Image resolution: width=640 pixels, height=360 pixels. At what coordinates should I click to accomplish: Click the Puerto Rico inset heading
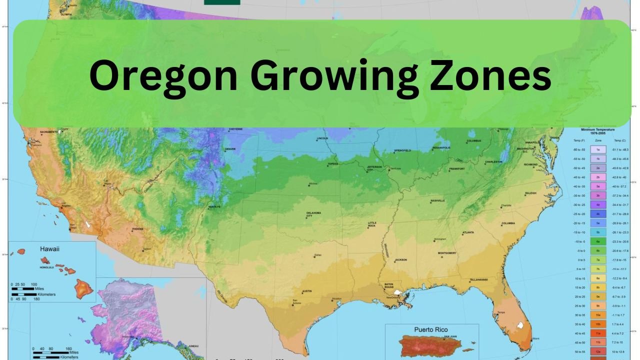(431, 329)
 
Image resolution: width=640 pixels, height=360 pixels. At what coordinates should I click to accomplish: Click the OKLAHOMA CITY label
(313, 214)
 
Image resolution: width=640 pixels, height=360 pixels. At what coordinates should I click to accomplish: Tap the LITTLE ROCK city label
(372, 224)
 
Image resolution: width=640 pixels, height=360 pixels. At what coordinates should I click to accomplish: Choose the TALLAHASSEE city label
(478, 279)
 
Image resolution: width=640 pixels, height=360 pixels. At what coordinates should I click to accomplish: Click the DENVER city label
(230, 149)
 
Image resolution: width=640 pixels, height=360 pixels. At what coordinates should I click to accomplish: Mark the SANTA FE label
(214, 206)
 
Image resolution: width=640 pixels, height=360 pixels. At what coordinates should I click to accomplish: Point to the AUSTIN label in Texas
(307, 291)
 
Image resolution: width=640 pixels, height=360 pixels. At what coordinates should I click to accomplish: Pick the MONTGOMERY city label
(447, 253)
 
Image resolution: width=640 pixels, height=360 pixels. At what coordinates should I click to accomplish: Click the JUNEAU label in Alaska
(194, 346)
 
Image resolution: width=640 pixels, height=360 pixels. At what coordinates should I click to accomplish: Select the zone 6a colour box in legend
(598, 241)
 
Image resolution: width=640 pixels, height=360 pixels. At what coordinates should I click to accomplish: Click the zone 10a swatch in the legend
(598, 315)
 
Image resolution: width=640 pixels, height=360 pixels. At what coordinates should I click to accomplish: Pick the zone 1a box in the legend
(598, 149)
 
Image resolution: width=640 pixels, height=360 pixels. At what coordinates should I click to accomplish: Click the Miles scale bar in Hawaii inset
(25, 289)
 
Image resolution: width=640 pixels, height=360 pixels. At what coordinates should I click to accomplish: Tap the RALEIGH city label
(530, 193)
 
